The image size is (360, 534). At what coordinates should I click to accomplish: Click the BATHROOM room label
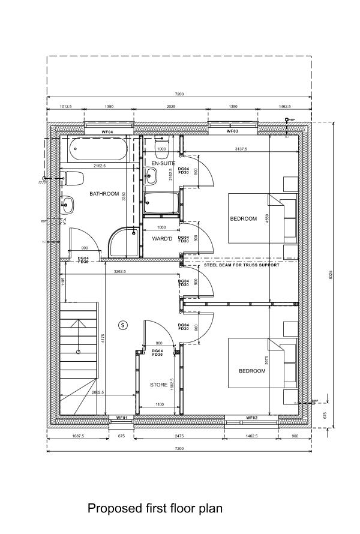[x=104, y=194]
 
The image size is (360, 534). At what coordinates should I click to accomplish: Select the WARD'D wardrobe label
[x=163, y=238]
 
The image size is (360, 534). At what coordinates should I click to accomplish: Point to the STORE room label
[x=158, y=385]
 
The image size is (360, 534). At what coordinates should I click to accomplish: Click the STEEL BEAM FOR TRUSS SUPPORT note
[x=241, y=265]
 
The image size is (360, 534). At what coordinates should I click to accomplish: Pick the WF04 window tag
[x=107, y=131]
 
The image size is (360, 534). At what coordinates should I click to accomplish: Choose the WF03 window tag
[x=232, y=131]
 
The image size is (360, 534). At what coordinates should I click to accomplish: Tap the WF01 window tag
[x=122, y=418]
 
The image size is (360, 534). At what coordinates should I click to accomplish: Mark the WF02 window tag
[x=251, y=418]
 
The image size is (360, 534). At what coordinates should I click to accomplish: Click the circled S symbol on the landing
[x=124, y=325]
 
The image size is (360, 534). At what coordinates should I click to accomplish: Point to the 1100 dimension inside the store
[x=159, y=406]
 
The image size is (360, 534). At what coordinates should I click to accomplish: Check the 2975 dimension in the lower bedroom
[x=275, y=360]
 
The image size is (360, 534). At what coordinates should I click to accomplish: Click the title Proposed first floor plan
[x=155, y=509]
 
